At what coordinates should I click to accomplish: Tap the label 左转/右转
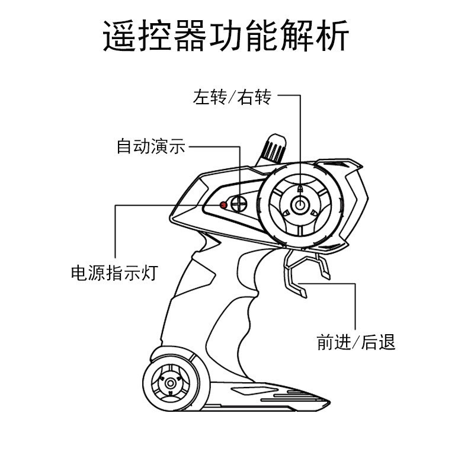pyautogui.click(x=232, y=97)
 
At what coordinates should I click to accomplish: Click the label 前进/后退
pyautogui.click(x=356, y=342)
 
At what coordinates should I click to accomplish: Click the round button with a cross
pyautogui.click(x=239, y=203)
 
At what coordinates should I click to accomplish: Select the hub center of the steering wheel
pyautogui.click(x=300, y=205)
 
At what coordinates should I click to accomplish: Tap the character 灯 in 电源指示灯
pyautogui.click(x=150, y=273)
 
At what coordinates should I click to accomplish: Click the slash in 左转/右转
pyautogui.click(x=232, y=98)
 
